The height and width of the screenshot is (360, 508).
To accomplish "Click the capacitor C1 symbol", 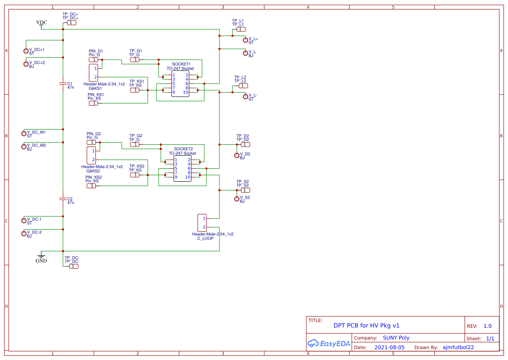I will [x=63, y=83].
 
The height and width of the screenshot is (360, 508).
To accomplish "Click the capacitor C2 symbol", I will [x=63, y=199].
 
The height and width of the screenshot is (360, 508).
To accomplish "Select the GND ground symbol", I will [x=41, y=255].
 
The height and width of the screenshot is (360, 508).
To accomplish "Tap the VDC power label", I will [x=42, y=23].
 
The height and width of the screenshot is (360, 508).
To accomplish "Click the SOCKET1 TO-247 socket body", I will [x=180, y=84].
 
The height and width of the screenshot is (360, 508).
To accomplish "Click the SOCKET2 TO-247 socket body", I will [x=183, y=169].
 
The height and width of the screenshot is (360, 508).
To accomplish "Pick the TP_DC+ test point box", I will [x=71, y=23].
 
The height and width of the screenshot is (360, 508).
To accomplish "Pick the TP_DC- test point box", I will [x=74, y=266].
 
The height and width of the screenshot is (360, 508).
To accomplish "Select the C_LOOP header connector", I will [x=202, y=223].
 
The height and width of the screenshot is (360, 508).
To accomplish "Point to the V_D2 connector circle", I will [x=237, y=155].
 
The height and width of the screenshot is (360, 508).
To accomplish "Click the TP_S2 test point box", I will [x=246, y=190].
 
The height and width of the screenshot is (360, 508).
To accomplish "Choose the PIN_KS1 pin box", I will [x=93, y=103].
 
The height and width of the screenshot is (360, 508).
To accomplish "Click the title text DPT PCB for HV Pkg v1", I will [x=366, y=325].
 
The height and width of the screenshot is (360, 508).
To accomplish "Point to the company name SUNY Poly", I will [x=396, y=338].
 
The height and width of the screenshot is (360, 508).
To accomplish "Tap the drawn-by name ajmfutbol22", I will [x=458, y=347].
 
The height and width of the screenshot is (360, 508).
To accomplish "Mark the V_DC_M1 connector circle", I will [x=24, y=133].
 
